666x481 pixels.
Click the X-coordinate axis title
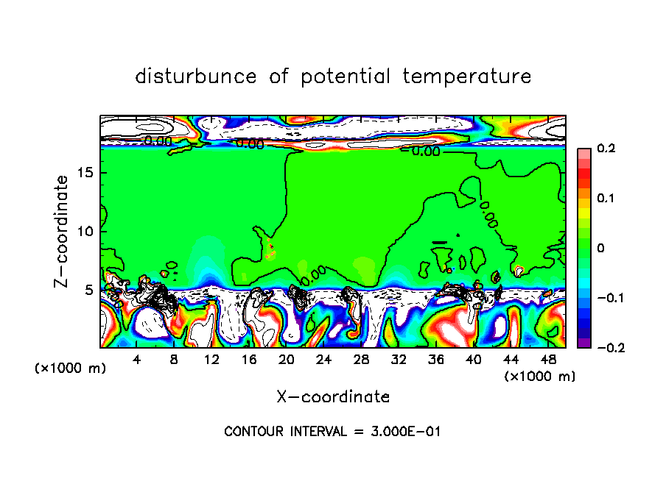click(x=333, y=397)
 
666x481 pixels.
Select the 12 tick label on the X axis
click(x=211, y=360)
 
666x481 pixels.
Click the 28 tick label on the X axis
click(x=361, y=360)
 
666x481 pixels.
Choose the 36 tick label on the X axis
click(x=436, y=360)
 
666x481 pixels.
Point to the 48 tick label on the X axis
click(x=548, y=360)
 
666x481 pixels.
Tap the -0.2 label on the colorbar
click(x=602, y=348)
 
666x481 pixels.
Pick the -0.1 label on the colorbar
click(x=602, y=298)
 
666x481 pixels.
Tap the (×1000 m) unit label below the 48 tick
click(x=540, y=377)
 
